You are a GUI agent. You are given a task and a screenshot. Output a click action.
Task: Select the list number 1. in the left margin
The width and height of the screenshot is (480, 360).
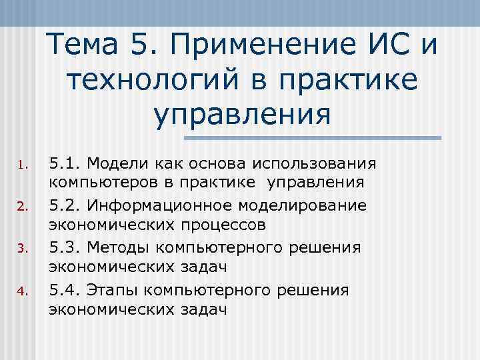tap(21, 165)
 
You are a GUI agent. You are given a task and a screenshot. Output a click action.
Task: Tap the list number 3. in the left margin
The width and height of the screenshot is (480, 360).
tap(21, 249)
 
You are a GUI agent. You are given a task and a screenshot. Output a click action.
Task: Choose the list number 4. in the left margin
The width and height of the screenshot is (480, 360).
tap(21, 291)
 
